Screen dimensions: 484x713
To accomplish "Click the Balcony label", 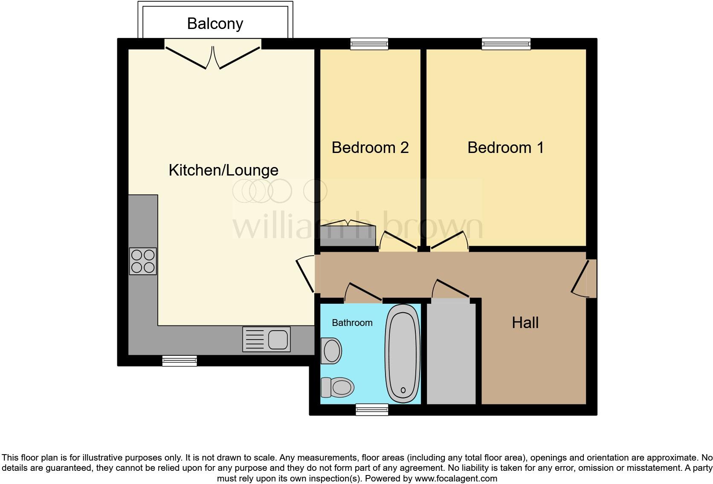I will (x=215, y=23).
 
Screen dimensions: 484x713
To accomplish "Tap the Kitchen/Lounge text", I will (x=223, y=170).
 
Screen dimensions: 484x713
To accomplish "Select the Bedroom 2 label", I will (x=370, y=147).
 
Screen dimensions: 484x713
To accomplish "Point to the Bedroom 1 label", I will (x=505, y=147).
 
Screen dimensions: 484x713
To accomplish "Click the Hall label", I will (x=525, y=323).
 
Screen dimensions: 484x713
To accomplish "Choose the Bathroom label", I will (x=352, y=323).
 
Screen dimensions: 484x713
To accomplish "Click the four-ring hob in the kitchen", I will (x=143, y=261).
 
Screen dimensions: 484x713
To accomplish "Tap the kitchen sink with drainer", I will (x=267, y=339).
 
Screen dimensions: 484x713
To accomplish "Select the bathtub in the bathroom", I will (x=402, y=353).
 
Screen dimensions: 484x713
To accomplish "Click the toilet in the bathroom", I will (x=337, y=387).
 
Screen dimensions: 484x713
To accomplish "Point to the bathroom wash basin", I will (x=331, y=351).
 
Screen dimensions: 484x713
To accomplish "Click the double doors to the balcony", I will (x=213, y=58).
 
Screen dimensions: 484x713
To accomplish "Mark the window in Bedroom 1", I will (x=506, y=43).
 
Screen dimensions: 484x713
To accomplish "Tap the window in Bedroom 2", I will (x=369, y=43).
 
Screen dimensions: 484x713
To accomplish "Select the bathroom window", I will (x=372, y=410).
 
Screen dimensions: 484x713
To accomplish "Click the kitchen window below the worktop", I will (x=180, y=361).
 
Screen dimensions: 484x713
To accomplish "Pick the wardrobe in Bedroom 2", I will (x=348, y=236).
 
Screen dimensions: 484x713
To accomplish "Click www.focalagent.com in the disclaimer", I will (x=456, y=478).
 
